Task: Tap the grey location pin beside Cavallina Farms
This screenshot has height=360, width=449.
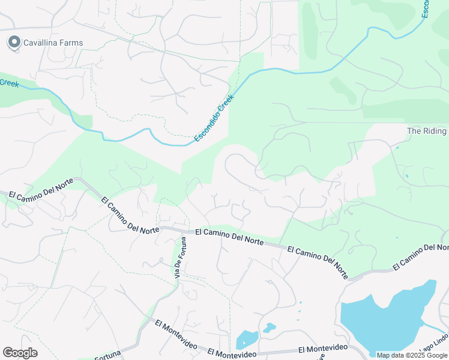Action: click(13, 42)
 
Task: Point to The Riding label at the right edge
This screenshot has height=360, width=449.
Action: click(427, 131)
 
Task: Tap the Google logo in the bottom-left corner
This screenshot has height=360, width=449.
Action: click(20, 353)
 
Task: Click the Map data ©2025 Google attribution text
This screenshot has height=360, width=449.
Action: click(412, 355)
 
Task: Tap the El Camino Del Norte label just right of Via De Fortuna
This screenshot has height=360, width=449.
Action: click(229, 236)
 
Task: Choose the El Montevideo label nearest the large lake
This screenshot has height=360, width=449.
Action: click(323, 349)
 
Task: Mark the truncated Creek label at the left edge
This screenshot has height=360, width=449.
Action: click(9, 83)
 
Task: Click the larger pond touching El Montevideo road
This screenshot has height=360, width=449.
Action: click(247, 340)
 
